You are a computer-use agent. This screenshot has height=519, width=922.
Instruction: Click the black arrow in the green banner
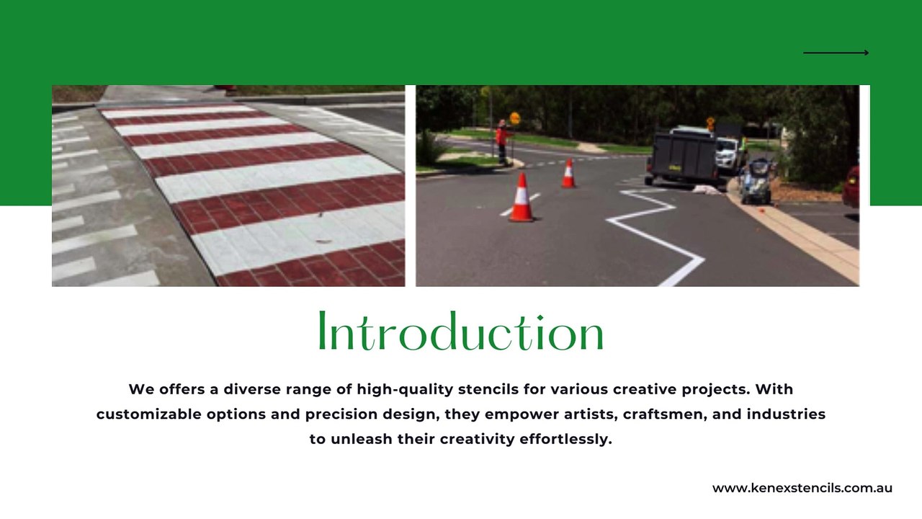pos(836,53)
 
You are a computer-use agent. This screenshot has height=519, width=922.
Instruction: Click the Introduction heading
pos(461,333)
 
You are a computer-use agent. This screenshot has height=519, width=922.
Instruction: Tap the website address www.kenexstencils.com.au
pos(802,488)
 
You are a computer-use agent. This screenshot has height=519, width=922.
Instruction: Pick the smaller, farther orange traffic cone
pos(568,174)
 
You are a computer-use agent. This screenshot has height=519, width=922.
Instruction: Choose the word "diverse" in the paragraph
pos(253,389)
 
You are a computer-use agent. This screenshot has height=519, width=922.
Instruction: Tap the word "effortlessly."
pos(565,440)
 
